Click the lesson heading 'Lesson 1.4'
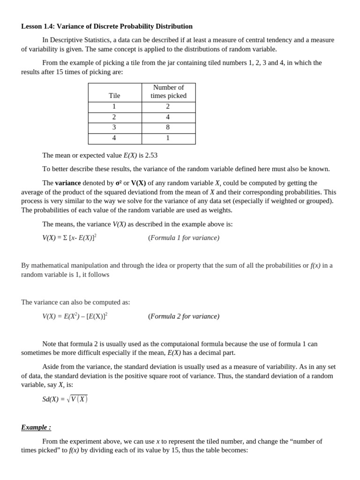[38, 26]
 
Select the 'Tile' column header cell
[114, 96]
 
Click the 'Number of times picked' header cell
[168, 91]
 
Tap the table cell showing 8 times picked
[168, 127]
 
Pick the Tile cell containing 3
[114, 127]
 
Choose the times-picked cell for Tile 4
[168, 138]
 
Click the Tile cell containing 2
[114, 117]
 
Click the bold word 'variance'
[68, 183]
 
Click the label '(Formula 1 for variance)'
[184, 238]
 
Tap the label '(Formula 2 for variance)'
[184, 316]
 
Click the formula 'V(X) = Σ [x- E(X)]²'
[69, 238]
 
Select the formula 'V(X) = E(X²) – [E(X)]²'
[75, 316]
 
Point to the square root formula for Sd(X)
[65, 399]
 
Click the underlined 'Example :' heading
[36, 427]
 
